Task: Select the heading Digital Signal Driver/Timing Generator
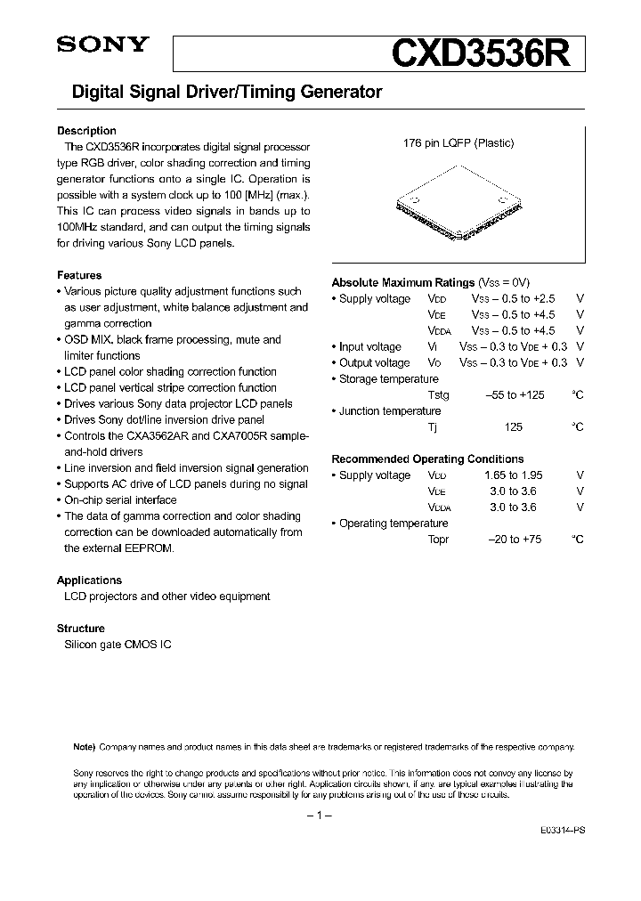(x=220, y=92)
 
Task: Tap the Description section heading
(x=86, y=131)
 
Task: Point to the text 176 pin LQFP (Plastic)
(x=458, y=142)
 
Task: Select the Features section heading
(x=79, y=275)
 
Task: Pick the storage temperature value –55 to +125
(x=515, y=394)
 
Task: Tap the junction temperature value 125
(x=514, y=426)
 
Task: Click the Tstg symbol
(x=438, y=394)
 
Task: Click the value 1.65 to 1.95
(x=514, y=475)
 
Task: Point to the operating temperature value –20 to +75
(x=514, y=540)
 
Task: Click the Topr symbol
(x=438, y=540)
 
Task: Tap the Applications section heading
(x=89, y=580)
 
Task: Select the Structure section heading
(x=81, y=628)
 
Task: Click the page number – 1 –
(x=319, y=816)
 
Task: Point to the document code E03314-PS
(x=561, y=829)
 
